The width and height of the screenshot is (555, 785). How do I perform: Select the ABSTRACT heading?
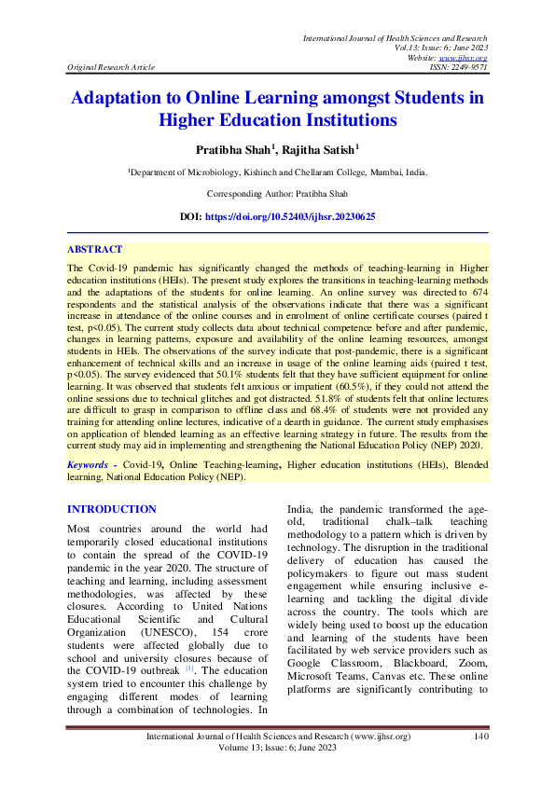[x=94, y=250]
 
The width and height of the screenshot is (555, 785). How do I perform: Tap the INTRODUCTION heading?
[x=112, y=509]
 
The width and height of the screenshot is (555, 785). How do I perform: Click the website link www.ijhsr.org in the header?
[x=468, y=58]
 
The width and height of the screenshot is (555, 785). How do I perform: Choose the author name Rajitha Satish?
[x=322, y=149]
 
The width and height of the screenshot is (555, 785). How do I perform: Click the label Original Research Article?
[x=111, y=67]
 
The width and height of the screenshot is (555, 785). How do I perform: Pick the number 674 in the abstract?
[x=478, y=292]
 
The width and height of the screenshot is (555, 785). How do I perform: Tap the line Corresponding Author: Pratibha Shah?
[x=277, y=194]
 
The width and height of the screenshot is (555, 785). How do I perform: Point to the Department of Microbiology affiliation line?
[x=277, y=173]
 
